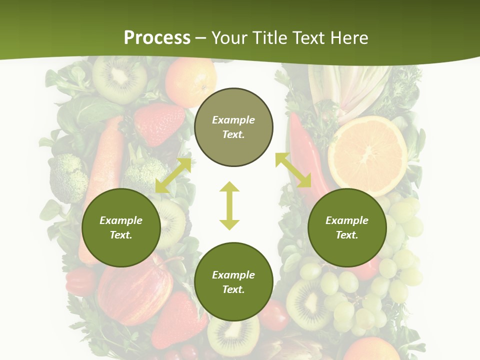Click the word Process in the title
tap(157, 38)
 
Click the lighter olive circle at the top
tap(233, 127)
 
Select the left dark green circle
tap(121, 228)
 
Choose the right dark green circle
tap(347, 228)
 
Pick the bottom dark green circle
tap(233, 282)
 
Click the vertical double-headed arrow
tap(229, 205)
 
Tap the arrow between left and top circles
tap(173, 175)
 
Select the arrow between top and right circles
tap(293, 170)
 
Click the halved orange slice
tap(367, 155)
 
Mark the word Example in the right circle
tap(347, 220)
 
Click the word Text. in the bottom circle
tap(233, 289)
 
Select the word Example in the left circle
tap(121, 220)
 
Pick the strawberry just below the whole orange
tap(159, 123)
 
